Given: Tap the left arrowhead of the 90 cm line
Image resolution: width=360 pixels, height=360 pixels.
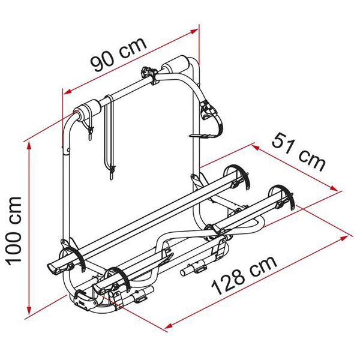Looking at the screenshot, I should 67,92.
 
